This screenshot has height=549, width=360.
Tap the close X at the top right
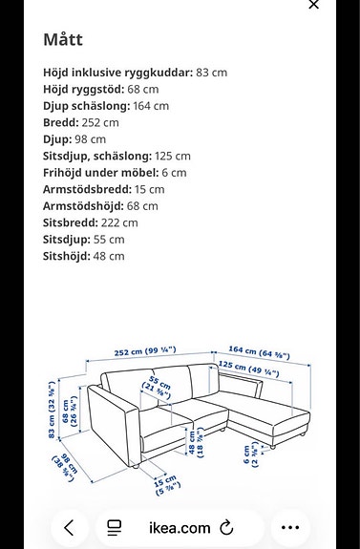(313, 5)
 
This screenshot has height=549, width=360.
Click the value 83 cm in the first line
(211, 73)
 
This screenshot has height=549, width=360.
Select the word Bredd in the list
(62, 122)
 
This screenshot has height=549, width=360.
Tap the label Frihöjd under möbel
(100, 173)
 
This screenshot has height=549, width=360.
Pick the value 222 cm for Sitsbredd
(117, 222)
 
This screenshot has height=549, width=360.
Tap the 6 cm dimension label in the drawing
(250, 456)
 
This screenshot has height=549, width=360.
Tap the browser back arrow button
(69, 527)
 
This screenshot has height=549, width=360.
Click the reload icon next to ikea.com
(227, 527)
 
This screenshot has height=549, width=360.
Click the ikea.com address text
(179, 527)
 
